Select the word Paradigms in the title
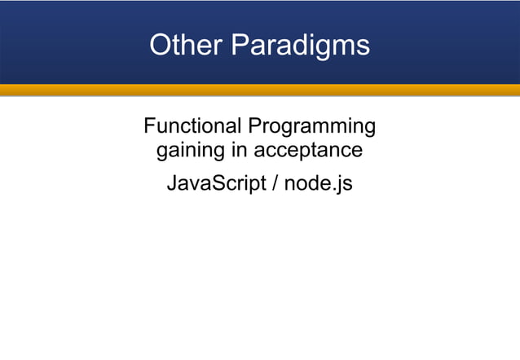[301, 46]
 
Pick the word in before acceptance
[239, 151]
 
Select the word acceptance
[308, 151]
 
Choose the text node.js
[319, 183]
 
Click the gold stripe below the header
[260, 90]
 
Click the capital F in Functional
[149, 126]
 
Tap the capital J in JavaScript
[171, 183]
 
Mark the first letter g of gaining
[162, 152]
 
